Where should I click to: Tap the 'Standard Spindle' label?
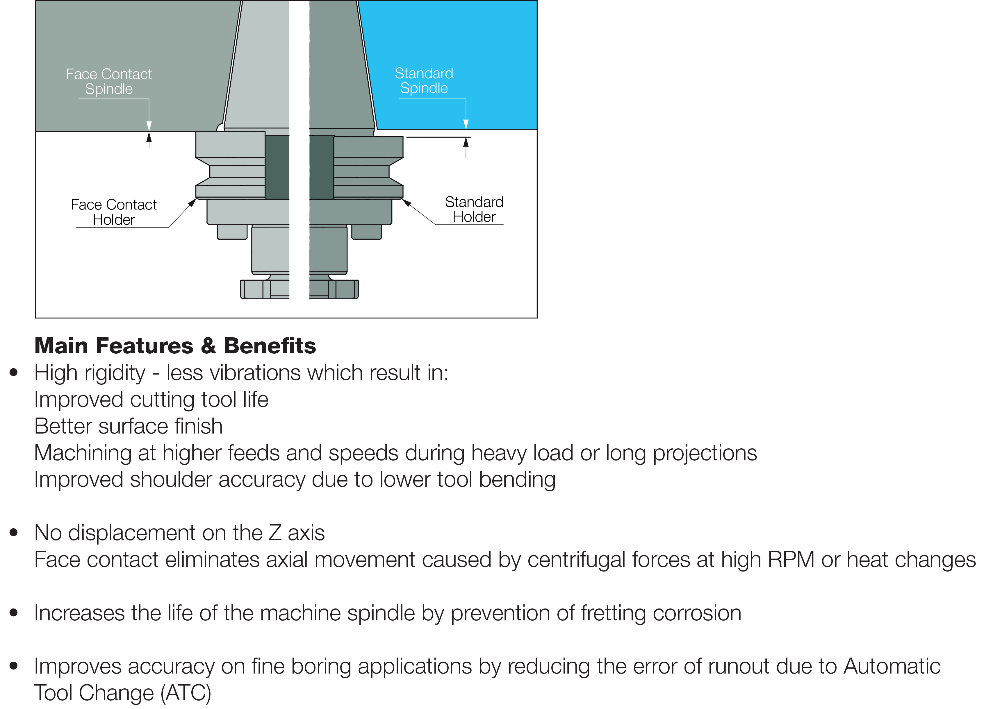click(x=424, y=81)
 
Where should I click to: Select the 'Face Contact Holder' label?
click(x=114, y=212)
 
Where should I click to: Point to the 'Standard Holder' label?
click(x=474, y=210)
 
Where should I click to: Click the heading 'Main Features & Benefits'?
click(x=175, y=346)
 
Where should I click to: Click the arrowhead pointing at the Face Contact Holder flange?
click(x=192, y=203)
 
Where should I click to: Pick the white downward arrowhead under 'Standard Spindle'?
click(x=466, y=124)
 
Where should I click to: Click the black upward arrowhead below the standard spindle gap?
click(x=466, y=142)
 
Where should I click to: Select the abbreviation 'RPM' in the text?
click(x=791, y=560)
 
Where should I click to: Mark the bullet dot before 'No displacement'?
click(x=14, y=533)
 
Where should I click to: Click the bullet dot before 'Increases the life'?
click(x=14, y=613)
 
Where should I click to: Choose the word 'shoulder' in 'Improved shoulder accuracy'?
click(x=171, y=480)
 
